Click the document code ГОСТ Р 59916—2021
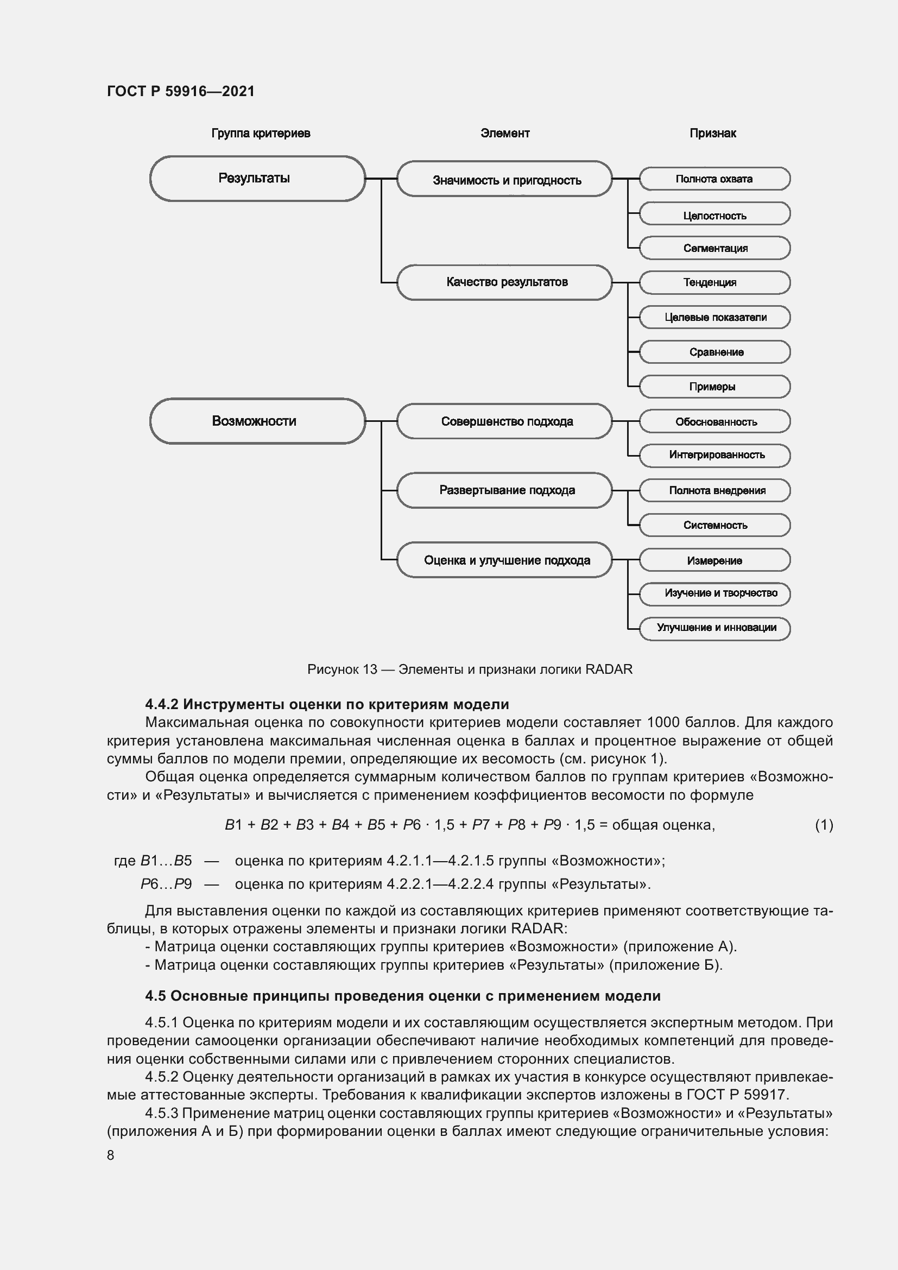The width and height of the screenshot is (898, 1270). [x=181, y=91]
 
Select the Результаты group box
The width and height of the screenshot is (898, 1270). [x=257, y=179]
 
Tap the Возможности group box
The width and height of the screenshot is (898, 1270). [x=257, y=421]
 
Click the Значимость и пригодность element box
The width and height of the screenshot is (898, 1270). [x=504, y=179]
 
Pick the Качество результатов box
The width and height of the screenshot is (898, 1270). [x=504, y=282]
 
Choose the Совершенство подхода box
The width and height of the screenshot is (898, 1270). [x=504, y=421]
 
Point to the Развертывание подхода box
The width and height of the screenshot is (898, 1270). [x=504, y=490]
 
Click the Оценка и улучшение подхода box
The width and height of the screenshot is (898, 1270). [x=504, y=560]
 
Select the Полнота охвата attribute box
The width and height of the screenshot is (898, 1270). [x=714, y=179]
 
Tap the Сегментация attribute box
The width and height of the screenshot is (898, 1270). [x=714, y=248]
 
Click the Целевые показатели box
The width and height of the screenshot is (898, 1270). [x=714, y=318]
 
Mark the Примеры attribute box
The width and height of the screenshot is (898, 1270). [x=714, y=387]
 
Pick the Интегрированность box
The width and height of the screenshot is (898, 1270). [x=714, y=455]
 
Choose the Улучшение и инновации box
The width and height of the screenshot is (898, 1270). [x=714, y=628]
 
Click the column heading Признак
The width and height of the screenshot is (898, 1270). [x=712, y=134]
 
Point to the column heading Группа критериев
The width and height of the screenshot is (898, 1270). [x=261, y=134]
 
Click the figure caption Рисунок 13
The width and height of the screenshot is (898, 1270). [x=469, y=669]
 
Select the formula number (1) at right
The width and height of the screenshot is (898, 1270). [x=824, y=825]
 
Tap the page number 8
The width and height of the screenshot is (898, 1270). [x=111, y=1155]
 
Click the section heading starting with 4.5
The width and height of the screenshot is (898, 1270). [x=402, y=996]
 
